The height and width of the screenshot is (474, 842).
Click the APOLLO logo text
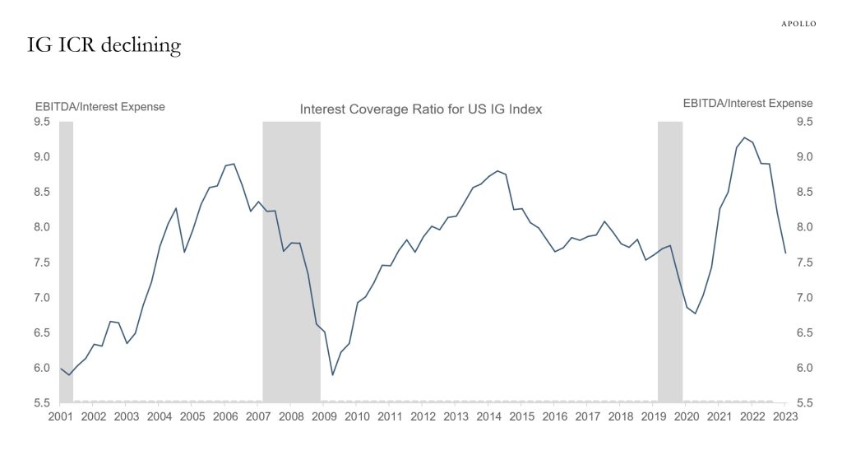click(x=798, y=24)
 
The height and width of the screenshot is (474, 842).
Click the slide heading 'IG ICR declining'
click(x=104, y=45)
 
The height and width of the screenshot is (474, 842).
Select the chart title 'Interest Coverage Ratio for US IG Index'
click(x=420, y=109)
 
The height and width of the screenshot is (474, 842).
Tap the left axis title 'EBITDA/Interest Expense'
click(x=99, y=106)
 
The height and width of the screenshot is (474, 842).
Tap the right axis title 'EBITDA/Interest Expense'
click(x=747, y=104)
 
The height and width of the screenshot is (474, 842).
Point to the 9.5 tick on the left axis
click(x=42, y=122)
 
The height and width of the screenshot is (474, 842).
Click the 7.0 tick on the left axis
click(x=42, y=297)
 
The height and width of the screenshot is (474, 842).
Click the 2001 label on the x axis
click(x=60, y=416)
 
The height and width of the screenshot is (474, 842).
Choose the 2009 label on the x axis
click(x=324, y=416)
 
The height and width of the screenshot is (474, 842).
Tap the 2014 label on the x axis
click(x=489, y=416)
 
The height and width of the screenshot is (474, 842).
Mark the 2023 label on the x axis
click(x=785, y=416)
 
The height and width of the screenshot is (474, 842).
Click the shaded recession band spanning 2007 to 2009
click(x=291, y=262)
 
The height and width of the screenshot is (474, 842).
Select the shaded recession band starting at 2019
click(x=670, y=262)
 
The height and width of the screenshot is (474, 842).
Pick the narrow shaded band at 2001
click(x=67, y=262)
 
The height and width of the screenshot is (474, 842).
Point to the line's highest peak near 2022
click(x=744, y=137)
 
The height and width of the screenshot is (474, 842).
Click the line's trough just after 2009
click(x=333, y=375)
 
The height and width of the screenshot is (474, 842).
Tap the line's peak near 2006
click(x=234, y=164)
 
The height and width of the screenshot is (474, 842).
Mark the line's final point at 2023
click(x=785, y=253)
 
